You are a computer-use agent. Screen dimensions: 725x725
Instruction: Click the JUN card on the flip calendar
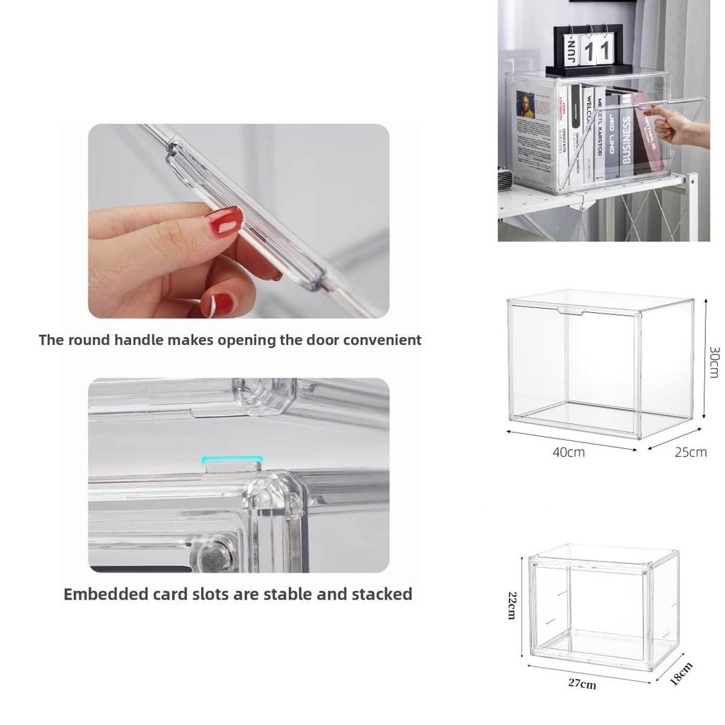pos(573,51)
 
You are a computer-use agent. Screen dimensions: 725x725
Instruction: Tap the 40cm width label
pos(569,452)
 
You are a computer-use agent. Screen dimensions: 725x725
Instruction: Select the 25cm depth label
pos(690,452)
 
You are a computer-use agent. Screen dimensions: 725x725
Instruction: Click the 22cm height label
pos(510,605)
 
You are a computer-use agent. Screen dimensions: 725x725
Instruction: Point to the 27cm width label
pos(581,684)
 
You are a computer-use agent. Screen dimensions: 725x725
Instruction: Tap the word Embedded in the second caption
pos(105,594)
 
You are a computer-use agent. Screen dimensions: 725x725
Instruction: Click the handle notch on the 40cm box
pos(571,311)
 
